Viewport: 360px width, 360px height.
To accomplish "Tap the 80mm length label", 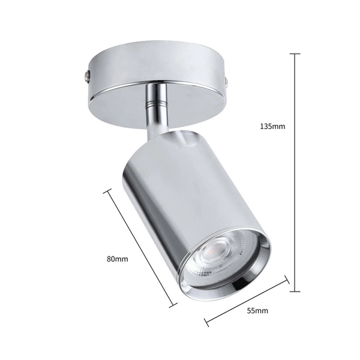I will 118,259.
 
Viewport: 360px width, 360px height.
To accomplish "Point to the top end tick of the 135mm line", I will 295,54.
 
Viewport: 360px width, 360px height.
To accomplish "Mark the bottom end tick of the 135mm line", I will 295,291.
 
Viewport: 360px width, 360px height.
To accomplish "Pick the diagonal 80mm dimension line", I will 141,247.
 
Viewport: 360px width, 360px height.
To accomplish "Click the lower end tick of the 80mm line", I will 173,304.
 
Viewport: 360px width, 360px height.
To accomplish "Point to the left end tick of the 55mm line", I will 207,322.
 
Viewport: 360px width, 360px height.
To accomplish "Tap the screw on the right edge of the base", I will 227,79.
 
